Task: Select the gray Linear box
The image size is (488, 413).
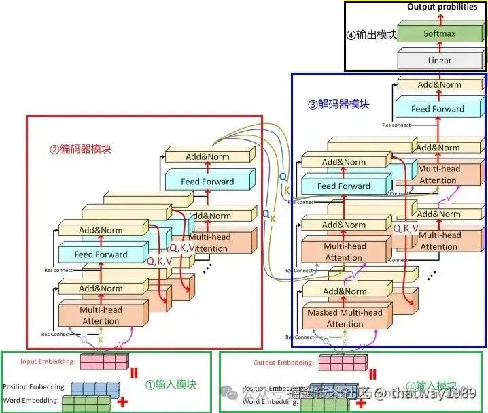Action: click(439, 61)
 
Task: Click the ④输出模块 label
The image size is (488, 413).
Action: click(371, 35)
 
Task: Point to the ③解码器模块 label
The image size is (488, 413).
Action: click(338, 104)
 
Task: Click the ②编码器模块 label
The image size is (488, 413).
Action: click(80, 149)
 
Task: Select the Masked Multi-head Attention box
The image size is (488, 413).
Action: click(345, 318)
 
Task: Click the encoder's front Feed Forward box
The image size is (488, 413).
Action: click(101, 254)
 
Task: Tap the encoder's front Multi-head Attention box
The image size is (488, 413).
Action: click(101, 315)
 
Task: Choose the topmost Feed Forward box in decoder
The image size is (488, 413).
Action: click(438, 109)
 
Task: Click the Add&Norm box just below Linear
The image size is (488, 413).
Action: click(440, 84)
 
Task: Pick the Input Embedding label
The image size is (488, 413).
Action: click(48, 362)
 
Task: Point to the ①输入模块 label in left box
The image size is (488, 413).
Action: click(171, 384)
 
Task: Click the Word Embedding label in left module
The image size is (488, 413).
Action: click(30, 400)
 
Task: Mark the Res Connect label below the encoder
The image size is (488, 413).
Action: click(56, 334)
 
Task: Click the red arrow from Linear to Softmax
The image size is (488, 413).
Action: click(439, 47)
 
